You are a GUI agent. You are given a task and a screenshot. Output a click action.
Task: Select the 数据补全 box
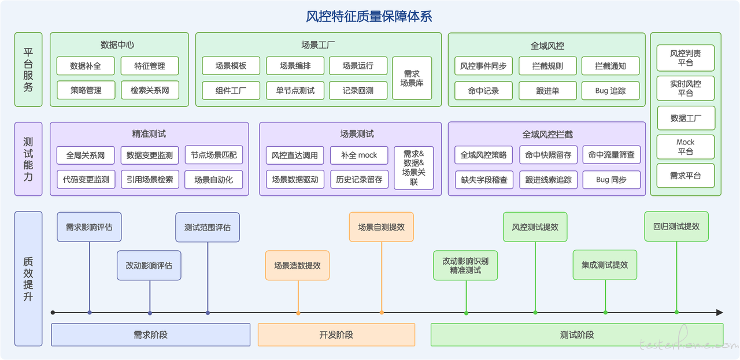coord(86,66)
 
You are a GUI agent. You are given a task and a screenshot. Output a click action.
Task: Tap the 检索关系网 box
coord(150,90)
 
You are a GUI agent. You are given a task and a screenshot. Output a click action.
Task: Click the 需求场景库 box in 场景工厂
coord(412,78)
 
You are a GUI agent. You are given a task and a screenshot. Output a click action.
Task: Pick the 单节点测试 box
coord(295,91)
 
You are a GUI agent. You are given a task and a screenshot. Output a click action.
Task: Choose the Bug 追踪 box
coord(610,91)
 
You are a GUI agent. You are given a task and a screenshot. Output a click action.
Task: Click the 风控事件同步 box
coord(483,66)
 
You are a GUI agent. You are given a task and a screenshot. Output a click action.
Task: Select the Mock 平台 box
coord(686,147)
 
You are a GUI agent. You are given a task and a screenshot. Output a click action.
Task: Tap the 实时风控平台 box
coord(686,88)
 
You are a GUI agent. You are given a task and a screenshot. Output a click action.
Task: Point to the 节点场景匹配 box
coord(214,155)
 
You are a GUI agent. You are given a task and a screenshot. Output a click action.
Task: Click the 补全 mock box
coord(359,155)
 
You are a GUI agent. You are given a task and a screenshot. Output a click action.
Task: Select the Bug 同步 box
coord(612,180)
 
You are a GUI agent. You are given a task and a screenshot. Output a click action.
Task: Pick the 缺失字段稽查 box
coord(484,180)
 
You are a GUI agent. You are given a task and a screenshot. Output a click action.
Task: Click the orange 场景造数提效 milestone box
coord(297,266)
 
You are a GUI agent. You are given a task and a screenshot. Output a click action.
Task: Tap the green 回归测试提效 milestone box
coord(676,227)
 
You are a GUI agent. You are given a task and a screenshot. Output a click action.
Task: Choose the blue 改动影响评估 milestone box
coord(149,266)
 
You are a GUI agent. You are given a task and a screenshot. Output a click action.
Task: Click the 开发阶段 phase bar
coord(336,335)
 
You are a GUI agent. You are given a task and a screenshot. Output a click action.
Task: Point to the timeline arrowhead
coord(720,313)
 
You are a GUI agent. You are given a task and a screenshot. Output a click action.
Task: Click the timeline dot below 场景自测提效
coord(382,313)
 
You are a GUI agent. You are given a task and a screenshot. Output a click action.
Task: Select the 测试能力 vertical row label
coord(28,159)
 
